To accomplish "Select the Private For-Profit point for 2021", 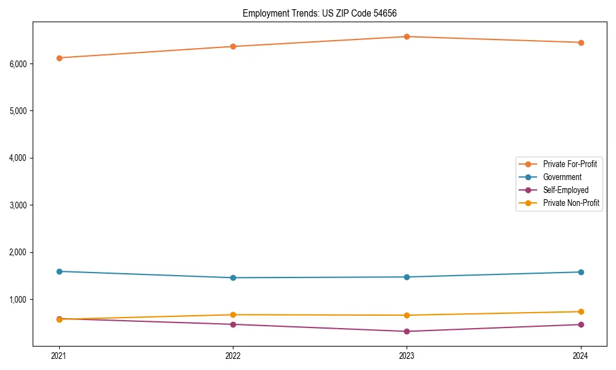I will pos(59,58).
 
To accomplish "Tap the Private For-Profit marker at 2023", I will pos(407,36).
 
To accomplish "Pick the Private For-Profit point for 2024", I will pos(581,43).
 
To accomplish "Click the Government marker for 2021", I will pos(59,271).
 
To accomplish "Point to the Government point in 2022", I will pos(233,277).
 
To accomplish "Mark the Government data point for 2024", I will pos(581,272).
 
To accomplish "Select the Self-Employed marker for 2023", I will pos(407,331).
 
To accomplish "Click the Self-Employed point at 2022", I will pos(233,324).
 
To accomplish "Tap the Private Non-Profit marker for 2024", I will pos(581,311).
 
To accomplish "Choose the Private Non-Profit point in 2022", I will pos(233,314).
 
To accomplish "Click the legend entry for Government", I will pos(562,177).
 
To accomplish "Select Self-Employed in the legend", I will pos(565,190).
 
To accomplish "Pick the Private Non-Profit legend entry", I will pos(571,203).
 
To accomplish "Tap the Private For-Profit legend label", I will pos(570,164).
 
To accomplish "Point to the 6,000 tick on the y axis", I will pos(18,64).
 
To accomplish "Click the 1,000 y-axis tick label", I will pos(18,300).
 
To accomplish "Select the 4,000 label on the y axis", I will pos(18,158).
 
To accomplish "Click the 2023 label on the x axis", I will pos(407,356).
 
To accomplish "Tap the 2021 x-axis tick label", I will pos(59,356).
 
